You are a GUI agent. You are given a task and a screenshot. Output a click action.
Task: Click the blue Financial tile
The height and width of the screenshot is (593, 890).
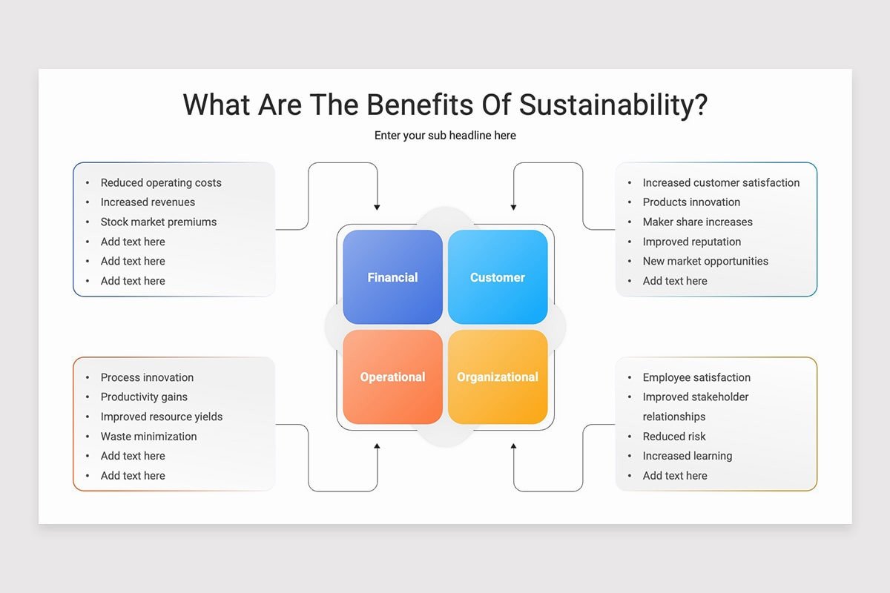[x=392, y=276]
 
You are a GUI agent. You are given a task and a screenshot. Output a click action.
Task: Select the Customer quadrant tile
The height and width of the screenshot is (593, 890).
[x=498, y=276]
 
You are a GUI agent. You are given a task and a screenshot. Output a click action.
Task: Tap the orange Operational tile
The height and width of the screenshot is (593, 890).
[x=392, y=377]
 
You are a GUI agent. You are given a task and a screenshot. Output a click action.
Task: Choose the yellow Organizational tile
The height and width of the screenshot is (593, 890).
[x=498, y=377]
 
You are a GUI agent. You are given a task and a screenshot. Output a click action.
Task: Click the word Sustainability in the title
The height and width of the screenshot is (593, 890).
[x=613, y=105]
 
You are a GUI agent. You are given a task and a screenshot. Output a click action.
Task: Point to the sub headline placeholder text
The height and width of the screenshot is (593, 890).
[x=445, y=136]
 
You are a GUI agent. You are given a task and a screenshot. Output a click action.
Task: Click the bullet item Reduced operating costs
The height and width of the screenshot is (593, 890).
[x=161, y=182]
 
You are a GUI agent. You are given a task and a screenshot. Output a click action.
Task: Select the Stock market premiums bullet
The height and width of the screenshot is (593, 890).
[x=159, y=222]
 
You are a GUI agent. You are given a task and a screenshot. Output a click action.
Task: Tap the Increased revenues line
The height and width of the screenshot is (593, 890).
[x=148, y=202]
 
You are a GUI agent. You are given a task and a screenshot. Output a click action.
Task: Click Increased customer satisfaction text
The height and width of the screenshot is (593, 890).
[x=721, y=182]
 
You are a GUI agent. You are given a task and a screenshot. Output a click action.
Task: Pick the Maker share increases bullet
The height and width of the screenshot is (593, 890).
[x=698, y=222]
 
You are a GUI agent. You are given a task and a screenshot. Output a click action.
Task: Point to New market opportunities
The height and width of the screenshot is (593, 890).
[x=705, y=261]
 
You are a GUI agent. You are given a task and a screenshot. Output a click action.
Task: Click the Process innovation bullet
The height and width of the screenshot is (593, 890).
[x=147, y=377]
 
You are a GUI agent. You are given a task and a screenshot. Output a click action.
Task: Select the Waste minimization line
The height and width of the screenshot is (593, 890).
[x=148, y=436]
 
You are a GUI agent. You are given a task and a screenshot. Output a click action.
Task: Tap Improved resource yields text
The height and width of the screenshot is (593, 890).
[x=162, y=417]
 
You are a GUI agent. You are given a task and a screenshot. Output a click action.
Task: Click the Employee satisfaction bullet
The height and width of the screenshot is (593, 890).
[x=696, y=377]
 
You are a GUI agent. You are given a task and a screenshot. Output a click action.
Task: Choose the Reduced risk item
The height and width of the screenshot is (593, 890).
[x=674, y=436]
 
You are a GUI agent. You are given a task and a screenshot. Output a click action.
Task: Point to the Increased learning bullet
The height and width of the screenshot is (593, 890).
[x=688, y=456]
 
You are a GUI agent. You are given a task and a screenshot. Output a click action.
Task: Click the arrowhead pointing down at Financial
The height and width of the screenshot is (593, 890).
[x=377, y=208]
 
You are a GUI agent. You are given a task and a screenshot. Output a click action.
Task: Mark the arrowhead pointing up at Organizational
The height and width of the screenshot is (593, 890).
[x=513, y=446]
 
